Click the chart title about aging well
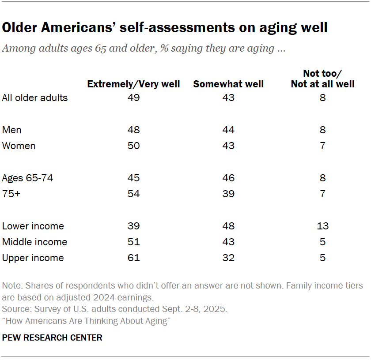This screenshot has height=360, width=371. pos(165,28)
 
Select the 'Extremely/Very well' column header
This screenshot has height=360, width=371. pos(133,84)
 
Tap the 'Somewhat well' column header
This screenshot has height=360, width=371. pos(228,84)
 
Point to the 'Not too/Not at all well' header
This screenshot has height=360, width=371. pos(322,79)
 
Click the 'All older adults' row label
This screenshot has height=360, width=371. pos(35,97)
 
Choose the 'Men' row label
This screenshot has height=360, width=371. pos(12,130)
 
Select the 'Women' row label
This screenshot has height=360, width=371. pos(19,146)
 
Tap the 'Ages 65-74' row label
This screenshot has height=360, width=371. pos(28,178)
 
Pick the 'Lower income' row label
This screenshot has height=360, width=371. pos(33,226)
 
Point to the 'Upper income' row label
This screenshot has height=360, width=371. pos(33,258)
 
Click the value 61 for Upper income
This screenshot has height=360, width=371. pos(133,258)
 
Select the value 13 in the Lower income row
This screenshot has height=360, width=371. pos(322,226)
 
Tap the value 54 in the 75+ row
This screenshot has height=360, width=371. pos(133,194)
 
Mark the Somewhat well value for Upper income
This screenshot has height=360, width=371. pos(228,258)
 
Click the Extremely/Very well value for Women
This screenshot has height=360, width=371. pos(133,146)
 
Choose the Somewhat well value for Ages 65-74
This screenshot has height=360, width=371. pos(228,178)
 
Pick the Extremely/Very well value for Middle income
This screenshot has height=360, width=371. pos(133,242)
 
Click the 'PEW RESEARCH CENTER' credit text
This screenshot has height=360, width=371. pos(52,337)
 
